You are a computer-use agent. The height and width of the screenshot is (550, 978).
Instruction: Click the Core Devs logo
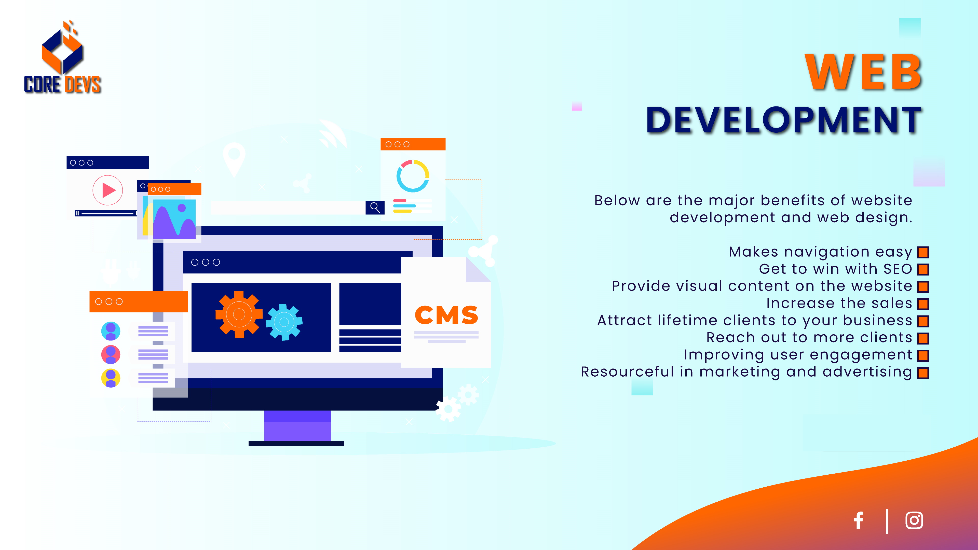point(63,57)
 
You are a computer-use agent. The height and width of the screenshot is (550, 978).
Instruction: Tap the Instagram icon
point(914,520)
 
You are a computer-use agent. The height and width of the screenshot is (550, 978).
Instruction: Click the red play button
point(108,190)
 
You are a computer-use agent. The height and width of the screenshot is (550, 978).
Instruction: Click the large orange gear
point(239,314)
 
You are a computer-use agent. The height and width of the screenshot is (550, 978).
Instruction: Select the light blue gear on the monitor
point(284,322)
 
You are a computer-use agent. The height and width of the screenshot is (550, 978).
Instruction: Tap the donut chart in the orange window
point(413,176)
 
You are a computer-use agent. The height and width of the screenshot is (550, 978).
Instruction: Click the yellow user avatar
point(111,378)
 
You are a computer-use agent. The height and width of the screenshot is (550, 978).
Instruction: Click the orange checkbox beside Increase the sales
point(923,304)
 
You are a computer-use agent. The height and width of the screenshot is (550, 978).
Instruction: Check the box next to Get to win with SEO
point(923,269)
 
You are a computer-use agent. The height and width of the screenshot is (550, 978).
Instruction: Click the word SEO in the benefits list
point(898,269)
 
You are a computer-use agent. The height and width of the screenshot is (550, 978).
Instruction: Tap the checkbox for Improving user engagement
point(923,356)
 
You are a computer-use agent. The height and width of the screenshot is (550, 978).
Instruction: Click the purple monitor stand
point(297,425)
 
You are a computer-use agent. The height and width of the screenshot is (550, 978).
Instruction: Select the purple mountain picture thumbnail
point(174,219)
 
